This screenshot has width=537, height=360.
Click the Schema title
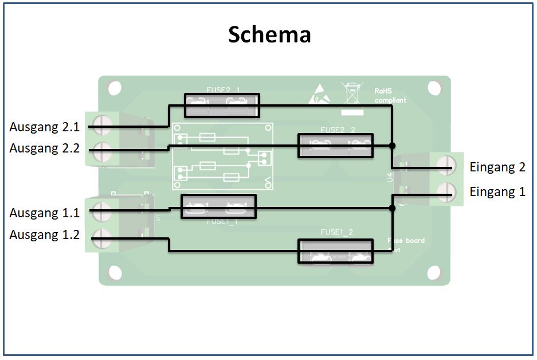tap(269, 34)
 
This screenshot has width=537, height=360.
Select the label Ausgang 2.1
tap(45, 127)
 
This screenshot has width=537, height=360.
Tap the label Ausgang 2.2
tap(45, 148)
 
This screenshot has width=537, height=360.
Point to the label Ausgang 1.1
tap(45, 213)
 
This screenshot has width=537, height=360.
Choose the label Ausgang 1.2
tap(45, 234)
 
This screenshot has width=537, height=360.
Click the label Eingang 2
tap(497, 167)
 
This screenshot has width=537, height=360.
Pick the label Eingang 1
tap(497, 191)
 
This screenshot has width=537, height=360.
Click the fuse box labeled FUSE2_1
tap(222, 105)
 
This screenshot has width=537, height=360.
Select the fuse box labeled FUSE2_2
tap(335, 146)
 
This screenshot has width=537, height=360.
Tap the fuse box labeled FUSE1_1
tap(218, 206)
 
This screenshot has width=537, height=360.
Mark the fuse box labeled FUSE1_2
tap(335, 252)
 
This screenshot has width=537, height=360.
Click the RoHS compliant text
tap(390, 95)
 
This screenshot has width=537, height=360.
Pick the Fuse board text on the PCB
tap(406, 240)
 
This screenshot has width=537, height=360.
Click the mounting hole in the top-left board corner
tap(114, 88)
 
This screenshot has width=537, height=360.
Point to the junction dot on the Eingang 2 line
tap(392, 144)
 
